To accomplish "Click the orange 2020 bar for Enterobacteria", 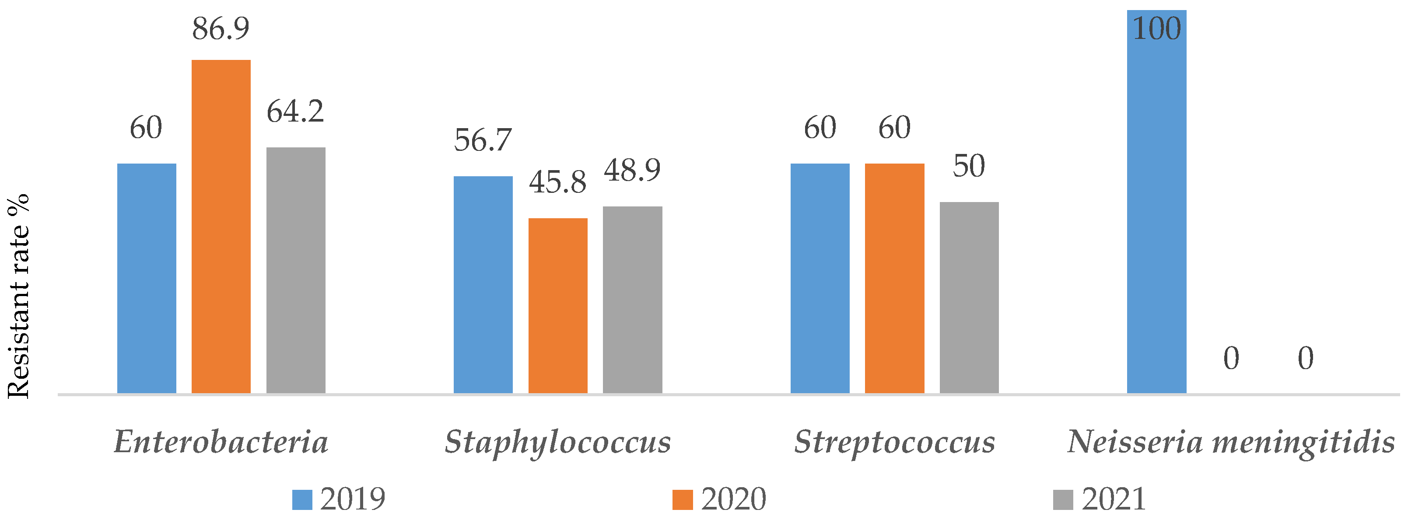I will click(221, 226).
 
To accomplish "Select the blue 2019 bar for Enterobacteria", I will click(147, 278).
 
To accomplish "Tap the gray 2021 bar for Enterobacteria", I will click(296, 270).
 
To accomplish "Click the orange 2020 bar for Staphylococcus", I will click(557, 305).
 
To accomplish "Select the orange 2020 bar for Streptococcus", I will click(894, 278).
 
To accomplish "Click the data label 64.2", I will click(295, 112).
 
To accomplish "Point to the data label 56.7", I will click(483, 140).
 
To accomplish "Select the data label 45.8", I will click(557, 182).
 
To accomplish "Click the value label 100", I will click(1156, 28).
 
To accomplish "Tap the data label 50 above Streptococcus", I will click(969, 166).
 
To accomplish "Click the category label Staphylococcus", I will click(557, 441).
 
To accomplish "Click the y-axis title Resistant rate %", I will click(18, 295).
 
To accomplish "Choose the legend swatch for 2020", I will click(682, 499).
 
